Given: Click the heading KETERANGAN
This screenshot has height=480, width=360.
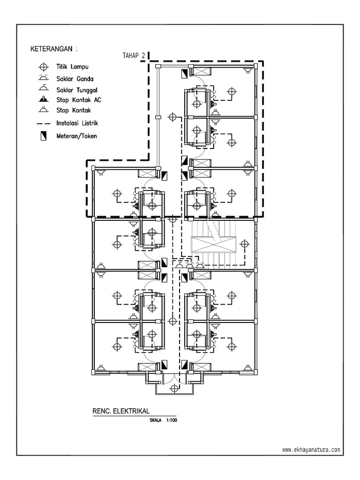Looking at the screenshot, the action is coord(51,49).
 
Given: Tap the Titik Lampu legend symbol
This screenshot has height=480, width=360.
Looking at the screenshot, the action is coord(44,67).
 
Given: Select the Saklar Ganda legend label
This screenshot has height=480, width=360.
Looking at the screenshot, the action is coord(75,79).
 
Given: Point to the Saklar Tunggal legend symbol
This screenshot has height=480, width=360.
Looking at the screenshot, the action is coord(44,88).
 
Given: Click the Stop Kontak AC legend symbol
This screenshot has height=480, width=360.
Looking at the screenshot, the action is coord(44,99).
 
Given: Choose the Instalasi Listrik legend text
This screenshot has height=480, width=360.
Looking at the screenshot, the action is coord(77,123).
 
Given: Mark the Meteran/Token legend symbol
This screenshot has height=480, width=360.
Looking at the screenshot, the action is coord(44,136).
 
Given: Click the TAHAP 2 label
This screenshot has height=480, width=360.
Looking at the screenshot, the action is coord(134,55).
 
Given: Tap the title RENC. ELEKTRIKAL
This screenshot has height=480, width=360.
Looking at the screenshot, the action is coord(121,411).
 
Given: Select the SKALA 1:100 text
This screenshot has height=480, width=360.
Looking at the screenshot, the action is coord(163,420).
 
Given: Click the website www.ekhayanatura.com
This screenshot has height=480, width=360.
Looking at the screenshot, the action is coord(311,450).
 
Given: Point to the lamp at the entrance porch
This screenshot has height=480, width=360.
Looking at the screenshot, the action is coord(174,389).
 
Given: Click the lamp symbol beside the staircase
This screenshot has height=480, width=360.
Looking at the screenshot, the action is coord(244,244).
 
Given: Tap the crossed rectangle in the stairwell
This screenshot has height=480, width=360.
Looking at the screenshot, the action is coord(214,244).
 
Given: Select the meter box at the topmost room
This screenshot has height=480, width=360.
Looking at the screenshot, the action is coord(185,74).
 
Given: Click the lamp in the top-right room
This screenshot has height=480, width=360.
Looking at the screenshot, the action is coord(232,91).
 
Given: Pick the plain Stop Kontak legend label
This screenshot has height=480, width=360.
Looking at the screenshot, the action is coord(74,110).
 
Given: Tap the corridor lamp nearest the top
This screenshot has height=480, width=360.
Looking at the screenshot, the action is coord(172,117).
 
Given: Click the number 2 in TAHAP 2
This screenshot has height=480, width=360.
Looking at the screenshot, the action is coord(143,55).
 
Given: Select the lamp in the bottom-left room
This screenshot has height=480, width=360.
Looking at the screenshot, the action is coord(117,346).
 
